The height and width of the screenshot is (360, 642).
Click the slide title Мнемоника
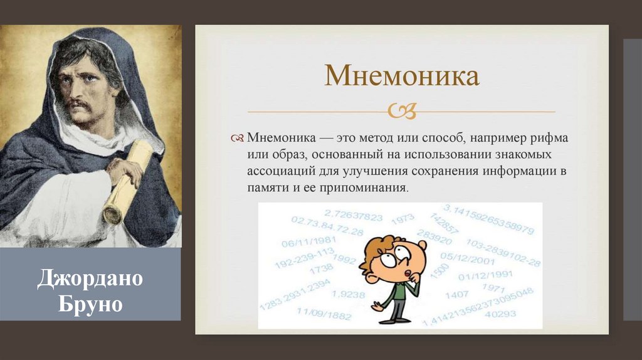(401, 75)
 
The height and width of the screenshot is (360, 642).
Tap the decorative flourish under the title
(402, 112)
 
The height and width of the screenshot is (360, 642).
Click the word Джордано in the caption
(90, 279)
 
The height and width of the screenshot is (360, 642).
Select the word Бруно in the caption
(90, 305)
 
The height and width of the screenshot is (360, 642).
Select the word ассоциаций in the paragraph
(281, 171)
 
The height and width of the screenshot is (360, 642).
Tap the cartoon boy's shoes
(389, 319)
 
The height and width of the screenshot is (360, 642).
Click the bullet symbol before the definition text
(237, 137)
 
